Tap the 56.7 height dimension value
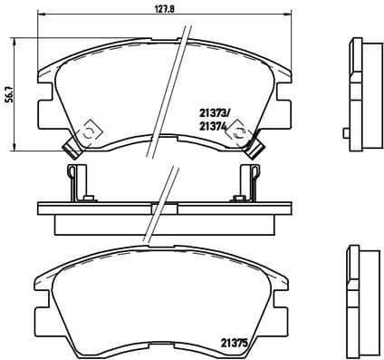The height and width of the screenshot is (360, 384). (9, 92)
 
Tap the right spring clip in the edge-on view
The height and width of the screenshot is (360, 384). (248, 180)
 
